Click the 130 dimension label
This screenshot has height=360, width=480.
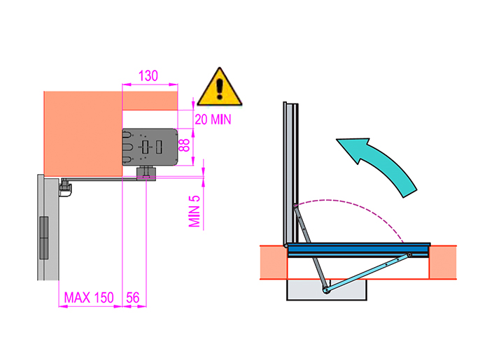[x=148, y=76]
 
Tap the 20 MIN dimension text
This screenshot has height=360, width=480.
[x=213, y=120]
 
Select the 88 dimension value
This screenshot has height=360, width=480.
[x=184, y=145]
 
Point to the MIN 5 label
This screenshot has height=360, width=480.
[x=195, y=211]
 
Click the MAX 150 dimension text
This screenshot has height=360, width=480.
[x=89, y=297]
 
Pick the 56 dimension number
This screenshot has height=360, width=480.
[x=133, y=297]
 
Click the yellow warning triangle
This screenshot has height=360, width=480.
[x=220, y=87]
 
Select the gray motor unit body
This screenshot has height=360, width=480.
[x=150, y=147]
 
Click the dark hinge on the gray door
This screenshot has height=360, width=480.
[x=44, y=238]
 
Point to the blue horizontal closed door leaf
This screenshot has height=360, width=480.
[x=358, y=250]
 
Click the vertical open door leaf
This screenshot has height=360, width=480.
[x=291, y=173]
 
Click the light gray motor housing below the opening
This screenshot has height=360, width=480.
[x=327, y=289]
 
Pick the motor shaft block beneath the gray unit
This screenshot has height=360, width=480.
[x=146, y=174]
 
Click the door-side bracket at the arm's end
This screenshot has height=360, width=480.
[x=65, y=187]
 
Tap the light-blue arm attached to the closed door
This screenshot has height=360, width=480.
[x=368, y=272]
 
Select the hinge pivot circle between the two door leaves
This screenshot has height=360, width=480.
[x=287, y=245]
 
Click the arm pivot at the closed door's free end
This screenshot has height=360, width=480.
[x=409, y=254]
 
